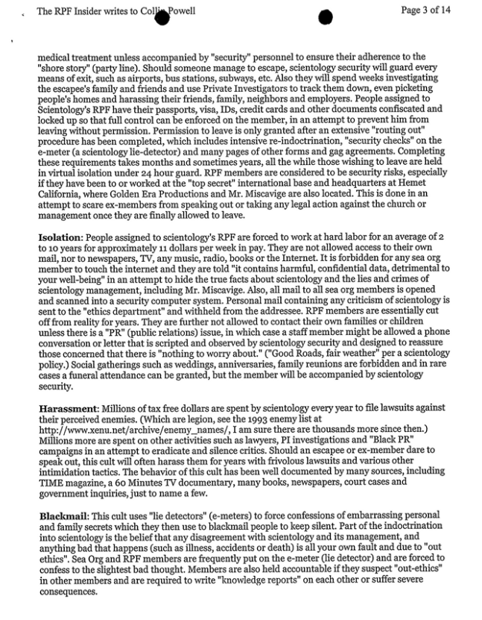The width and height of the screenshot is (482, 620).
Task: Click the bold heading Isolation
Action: (x=60, y=236)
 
